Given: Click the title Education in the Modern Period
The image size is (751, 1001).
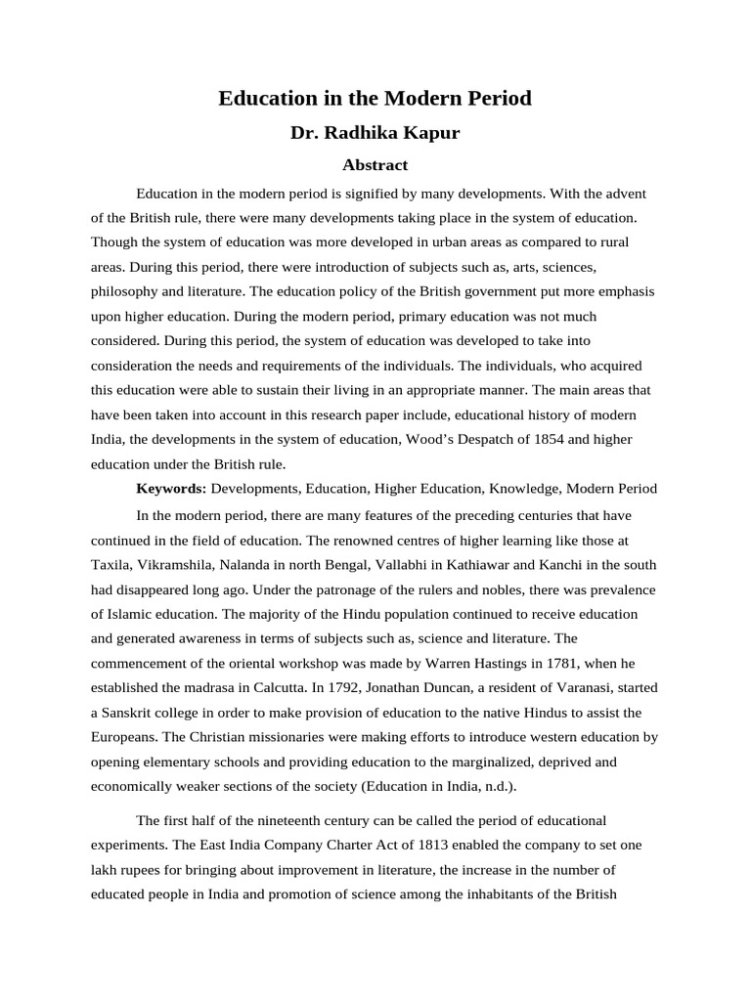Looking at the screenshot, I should point(375,99).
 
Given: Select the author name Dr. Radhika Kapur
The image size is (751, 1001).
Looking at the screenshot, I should point(375,133).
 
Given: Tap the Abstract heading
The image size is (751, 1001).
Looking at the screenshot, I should point(375,165).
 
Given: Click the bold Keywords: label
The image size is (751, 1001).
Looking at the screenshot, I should point(169,489).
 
